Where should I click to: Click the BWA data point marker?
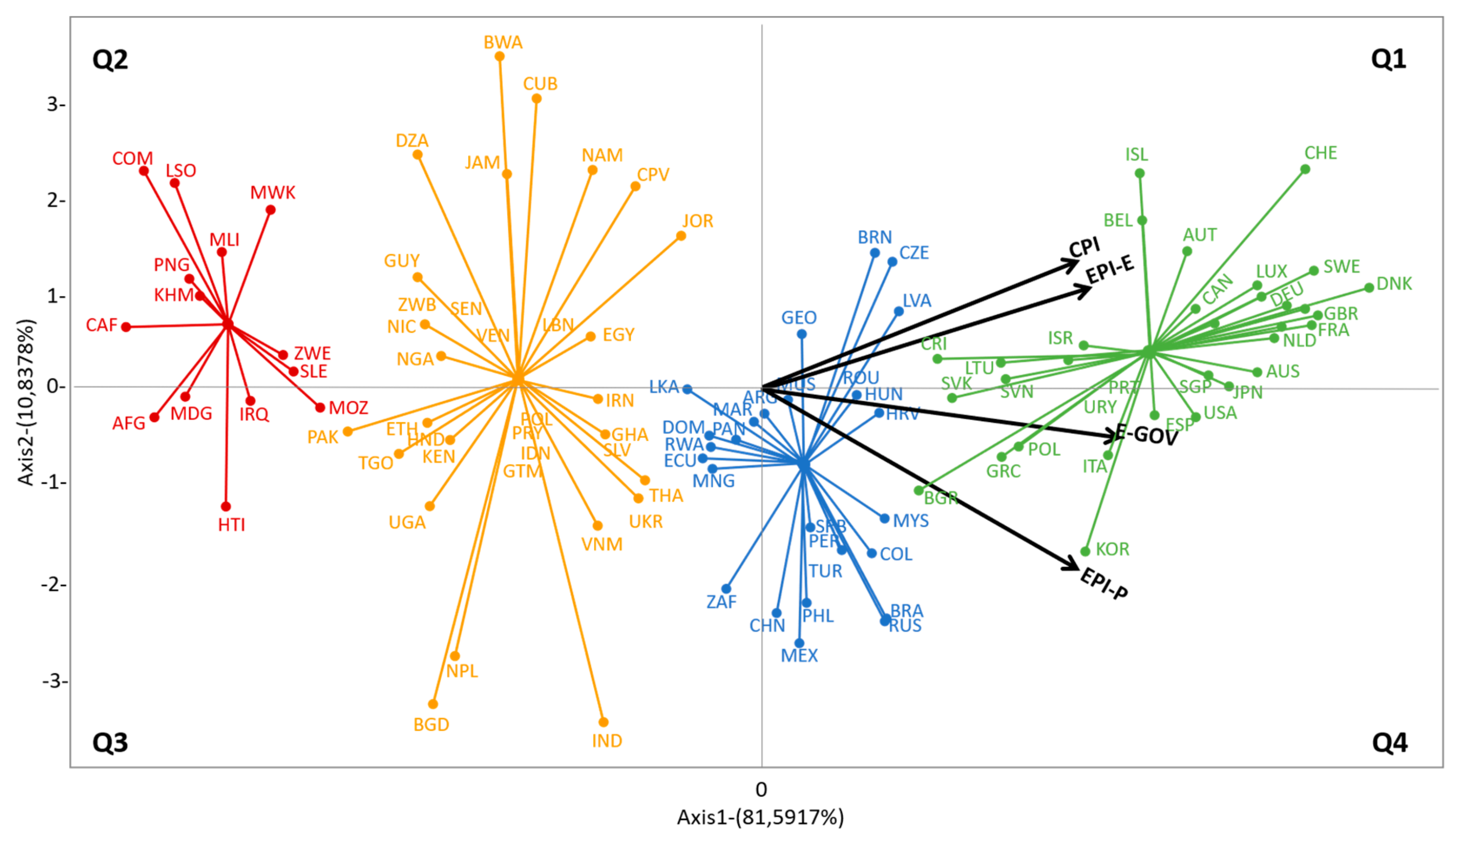tap(500, 57)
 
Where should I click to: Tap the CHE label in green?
tap(1320, 153)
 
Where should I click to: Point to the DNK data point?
tap(1368, 288)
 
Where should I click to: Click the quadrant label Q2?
tap(110, 59)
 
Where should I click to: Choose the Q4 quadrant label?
tap(1389, 743)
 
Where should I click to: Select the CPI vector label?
tap(1084, 248)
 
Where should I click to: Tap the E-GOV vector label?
tap(1147, 435)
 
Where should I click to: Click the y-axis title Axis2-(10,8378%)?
tap(27, 402)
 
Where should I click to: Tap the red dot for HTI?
tap(226, 507)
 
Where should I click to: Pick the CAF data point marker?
tap(126, 327)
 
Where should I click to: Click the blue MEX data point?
tap(799, 643)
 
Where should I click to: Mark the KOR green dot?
tap(1085, 552)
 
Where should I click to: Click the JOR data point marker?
tap(681, 236)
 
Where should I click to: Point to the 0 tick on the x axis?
tap(761, 789)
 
